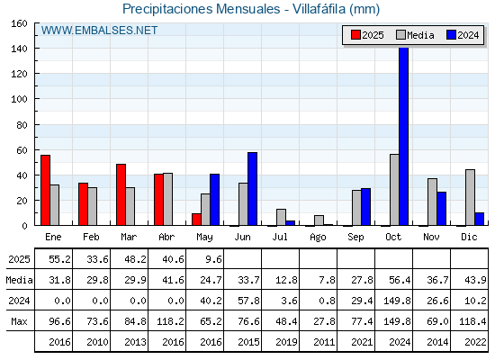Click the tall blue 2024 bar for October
(x=404, y=136)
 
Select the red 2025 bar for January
(x=45, y=190)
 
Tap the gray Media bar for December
(x=470, y=197)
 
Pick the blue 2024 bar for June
(x=252, y=189)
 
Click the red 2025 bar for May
(x=196, y=220)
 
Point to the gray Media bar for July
(x=281, y=217)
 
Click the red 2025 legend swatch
(x=355, y=35)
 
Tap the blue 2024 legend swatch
(x=451, y=35)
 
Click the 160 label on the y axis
(x=19, y=23)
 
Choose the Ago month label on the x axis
(x=318, y=238)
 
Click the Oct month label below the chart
(x=393, y=238)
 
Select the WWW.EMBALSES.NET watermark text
(x=99, y=31)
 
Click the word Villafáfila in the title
(x=319, y=9)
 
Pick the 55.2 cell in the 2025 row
(x=59, y=259)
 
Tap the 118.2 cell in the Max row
(x=170, y=321)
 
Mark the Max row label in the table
(x=19, y=321)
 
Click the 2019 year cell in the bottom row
(x=286, y=342)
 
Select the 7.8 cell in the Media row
(x=327, y=280)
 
